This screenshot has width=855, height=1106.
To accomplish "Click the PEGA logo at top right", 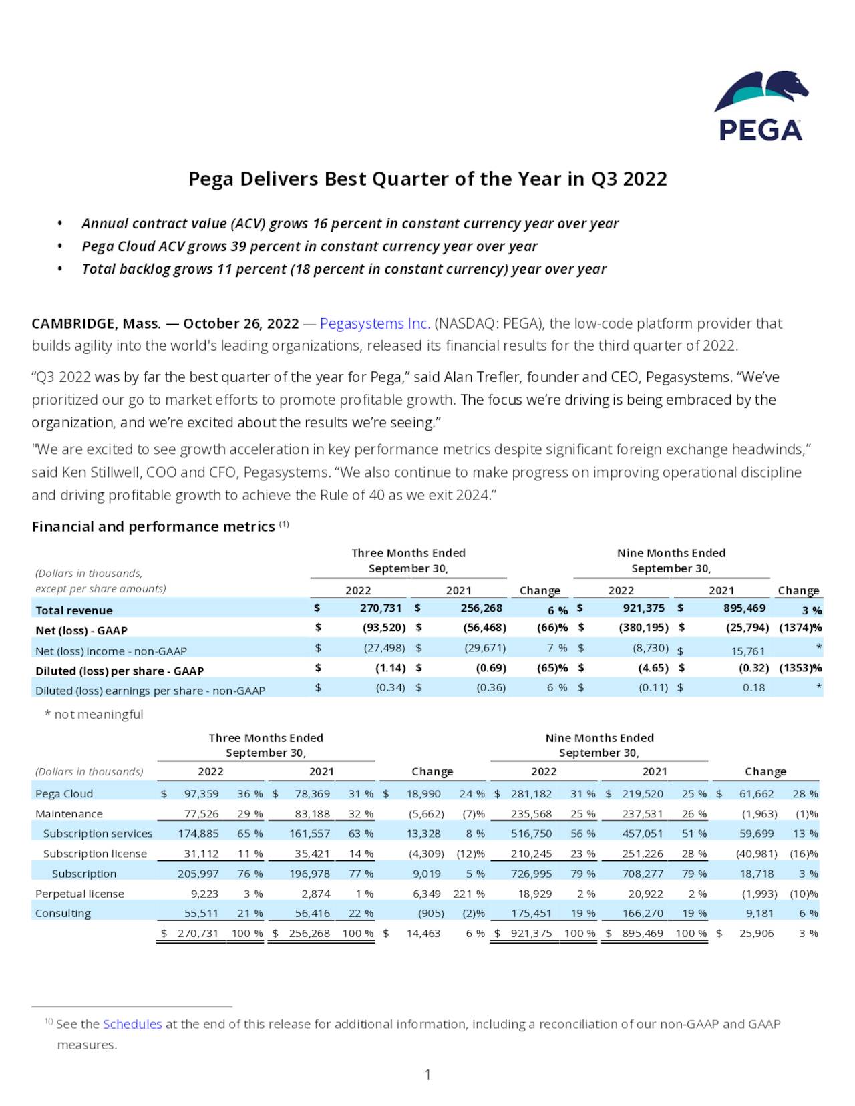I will pyautogui.click(x=761, y=107).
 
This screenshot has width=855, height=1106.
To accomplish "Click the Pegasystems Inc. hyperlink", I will pyautogui.click(x=375, y=323).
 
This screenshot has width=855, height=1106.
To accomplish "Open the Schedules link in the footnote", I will pyautogui.click(x=132, y=1024).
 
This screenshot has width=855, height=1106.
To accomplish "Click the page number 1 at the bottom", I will pyautogui.click(x=427, y=1075).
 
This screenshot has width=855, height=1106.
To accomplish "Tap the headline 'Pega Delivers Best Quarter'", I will pyautogui.click(x=427, y=179).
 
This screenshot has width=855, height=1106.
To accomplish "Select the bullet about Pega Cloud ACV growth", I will pyautogui.click(x=309, y=246).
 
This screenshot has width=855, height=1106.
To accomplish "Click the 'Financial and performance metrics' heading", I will pyautogui.click(x=154, y=526).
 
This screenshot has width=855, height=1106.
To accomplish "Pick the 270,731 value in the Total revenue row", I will pyautogui.click(x=381, y=608).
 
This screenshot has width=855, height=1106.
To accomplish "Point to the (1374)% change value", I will pyautogui.click(x=800, y=628).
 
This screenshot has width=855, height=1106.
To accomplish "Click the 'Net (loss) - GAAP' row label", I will pyautogui.click(x=81, y=630).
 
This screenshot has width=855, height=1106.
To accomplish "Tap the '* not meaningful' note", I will pyautogui.click(x=94, y=715).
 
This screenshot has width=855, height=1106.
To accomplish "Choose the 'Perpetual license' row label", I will pyautogui.click(x=79, y=894).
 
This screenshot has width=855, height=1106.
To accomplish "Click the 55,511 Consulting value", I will pyautogui.click(x=201, y=914).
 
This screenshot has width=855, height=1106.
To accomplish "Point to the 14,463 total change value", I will pyautogui.click(x=423, y=934).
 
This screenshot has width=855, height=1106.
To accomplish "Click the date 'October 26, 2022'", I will pyautogui.click(x=240, y=323).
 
